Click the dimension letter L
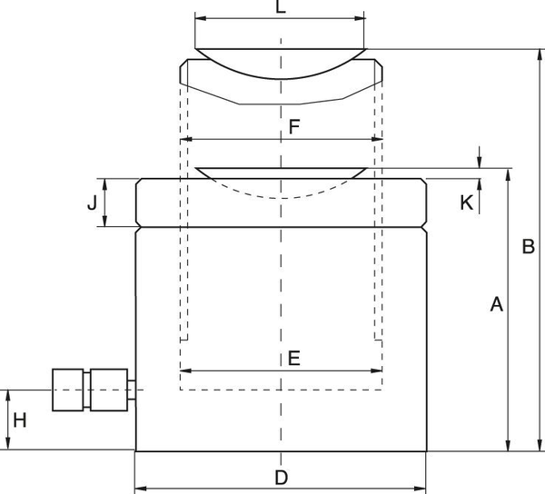(x=281, y=6)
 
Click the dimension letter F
(x=294, y=127)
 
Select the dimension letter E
(x=294, y=358)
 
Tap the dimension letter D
(x=282, y=478)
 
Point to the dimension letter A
(x=496, y=304)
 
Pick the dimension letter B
(x=529, y=246)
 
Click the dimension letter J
(x=92, y=203)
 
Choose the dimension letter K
(x=467, y=203)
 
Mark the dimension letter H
(x=20, y=420)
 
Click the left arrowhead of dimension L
(x=201, y=18)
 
